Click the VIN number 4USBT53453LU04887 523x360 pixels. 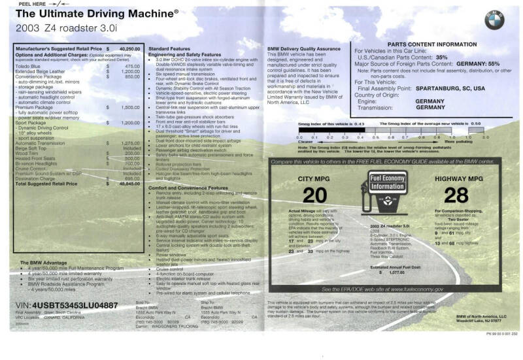click(x=66, y=304)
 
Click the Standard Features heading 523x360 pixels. click(x=169, y=49)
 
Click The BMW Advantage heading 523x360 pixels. click(x=48, y=262)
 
